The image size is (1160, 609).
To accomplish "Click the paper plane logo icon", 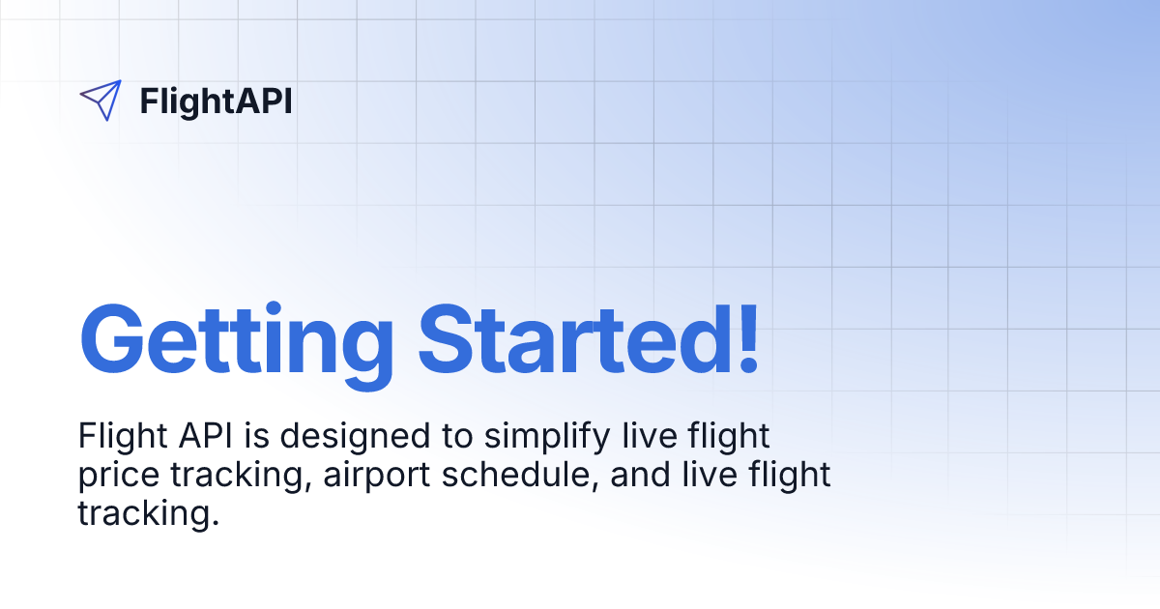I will tap(101, 101).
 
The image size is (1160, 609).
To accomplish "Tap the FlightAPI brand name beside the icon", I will tap(216, 101).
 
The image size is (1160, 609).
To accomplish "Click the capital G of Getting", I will tap(114, 340).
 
